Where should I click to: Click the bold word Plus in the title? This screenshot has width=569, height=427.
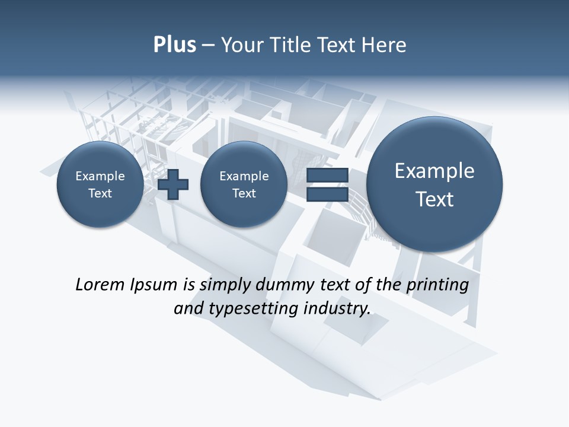click(x=174, y=45)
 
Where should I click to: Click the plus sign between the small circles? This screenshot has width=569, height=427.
click(x=173, y=184)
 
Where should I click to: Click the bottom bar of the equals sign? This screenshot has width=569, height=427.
click(x=327, y=194)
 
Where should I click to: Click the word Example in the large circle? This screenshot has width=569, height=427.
click(x=434, y=171)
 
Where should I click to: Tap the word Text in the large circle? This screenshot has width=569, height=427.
click(x=434, y=199)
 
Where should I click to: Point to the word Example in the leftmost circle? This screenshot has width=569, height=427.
click(x=100, y=176)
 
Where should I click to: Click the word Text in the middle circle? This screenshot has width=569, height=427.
click(x=244, y=193)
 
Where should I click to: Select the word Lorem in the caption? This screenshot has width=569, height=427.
click(x=98, y=285)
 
